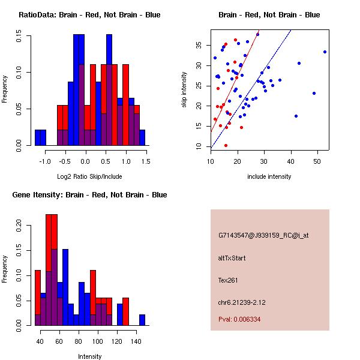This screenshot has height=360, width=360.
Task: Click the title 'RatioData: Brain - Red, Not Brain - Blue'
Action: click(x=89, y=14)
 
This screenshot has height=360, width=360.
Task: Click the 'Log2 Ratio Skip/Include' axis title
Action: click(x=89, y=176)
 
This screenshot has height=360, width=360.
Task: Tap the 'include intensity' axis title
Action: click(x=269, y=176)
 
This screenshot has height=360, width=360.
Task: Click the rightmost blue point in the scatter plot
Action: click(x=325, y=52)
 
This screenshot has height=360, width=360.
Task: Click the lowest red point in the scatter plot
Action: click(x=226, y=145)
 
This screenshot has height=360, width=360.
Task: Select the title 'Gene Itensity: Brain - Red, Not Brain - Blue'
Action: click(x=89, y=195)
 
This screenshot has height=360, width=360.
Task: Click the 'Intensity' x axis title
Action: click(x=89, y=356)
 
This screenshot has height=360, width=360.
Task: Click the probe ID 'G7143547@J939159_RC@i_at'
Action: click(x=263, y=236)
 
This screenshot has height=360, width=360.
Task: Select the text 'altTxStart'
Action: click(x=232, y=258)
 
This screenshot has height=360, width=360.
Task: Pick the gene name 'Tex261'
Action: click(x=229, y=280)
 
